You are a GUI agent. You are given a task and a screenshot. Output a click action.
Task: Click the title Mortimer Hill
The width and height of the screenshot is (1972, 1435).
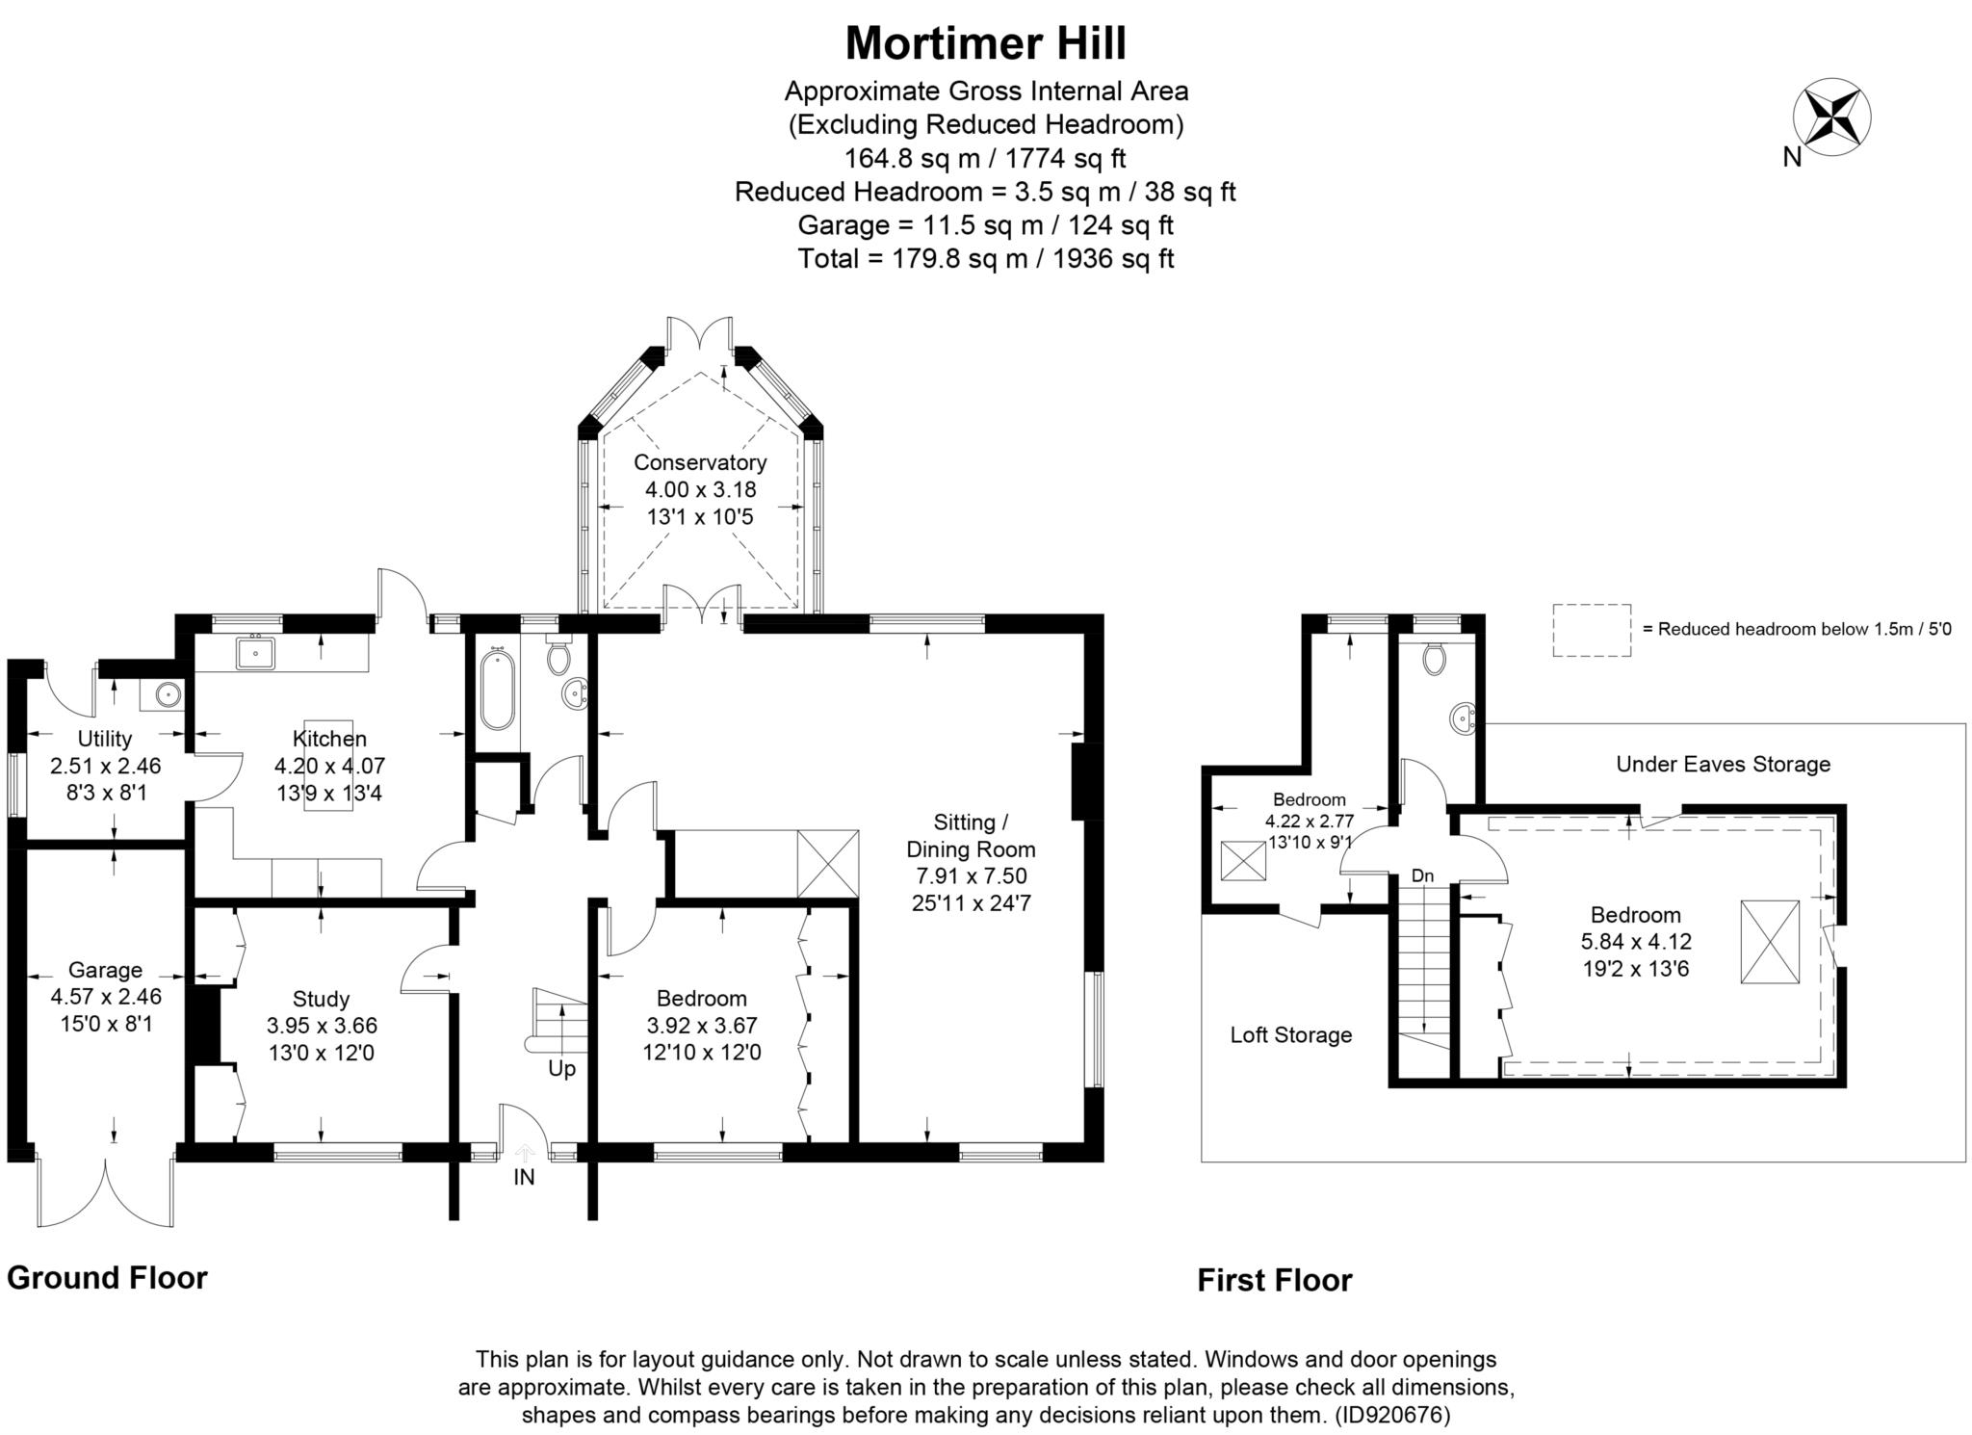point(985,43)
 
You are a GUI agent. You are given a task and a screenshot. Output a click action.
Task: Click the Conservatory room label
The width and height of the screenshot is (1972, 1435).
point(700,462)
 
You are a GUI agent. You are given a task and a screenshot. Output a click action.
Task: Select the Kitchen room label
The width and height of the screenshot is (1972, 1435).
point(329,739)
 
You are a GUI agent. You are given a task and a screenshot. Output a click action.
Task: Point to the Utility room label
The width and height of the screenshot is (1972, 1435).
point(105,739)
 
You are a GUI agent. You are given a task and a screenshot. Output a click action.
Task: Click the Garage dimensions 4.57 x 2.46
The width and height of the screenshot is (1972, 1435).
point(105,997)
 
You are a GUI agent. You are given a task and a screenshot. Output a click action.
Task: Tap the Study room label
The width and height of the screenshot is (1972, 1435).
point(321,999)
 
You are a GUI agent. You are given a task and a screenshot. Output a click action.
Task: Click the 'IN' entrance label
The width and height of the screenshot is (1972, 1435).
point(524,1177)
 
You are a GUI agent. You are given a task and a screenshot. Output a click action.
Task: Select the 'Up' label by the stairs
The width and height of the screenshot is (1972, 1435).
point(561,1069)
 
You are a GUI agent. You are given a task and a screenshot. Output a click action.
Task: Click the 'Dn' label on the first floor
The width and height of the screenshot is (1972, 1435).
point(1422,875)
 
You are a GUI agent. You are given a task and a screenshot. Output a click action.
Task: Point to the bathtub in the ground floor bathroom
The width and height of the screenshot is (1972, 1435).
point(497,690)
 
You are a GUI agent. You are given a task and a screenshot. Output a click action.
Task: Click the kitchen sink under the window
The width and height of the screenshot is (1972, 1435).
point(255,654)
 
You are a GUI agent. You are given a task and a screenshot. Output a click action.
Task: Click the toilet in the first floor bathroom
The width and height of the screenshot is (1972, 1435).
point(1434,659)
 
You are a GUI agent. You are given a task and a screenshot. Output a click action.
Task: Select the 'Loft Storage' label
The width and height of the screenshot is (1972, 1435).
point(1290,1035)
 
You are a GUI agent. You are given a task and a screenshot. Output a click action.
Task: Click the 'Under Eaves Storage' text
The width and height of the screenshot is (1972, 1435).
point(1723,765)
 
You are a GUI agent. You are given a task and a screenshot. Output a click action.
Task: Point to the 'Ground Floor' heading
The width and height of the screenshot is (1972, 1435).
point(107,1278)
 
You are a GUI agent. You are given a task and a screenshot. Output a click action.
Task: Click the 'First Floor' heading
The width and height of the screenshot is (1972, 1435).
point(1274,1280)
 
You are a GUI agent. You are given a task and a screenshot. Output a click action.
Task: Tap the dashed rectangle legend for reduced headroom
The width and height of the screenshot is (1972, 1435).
point(1591,631)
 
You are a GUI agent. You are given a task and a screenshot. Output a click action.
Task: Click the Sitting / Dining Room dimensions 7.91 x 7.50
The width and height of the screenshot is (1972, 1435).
point(971,876)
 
